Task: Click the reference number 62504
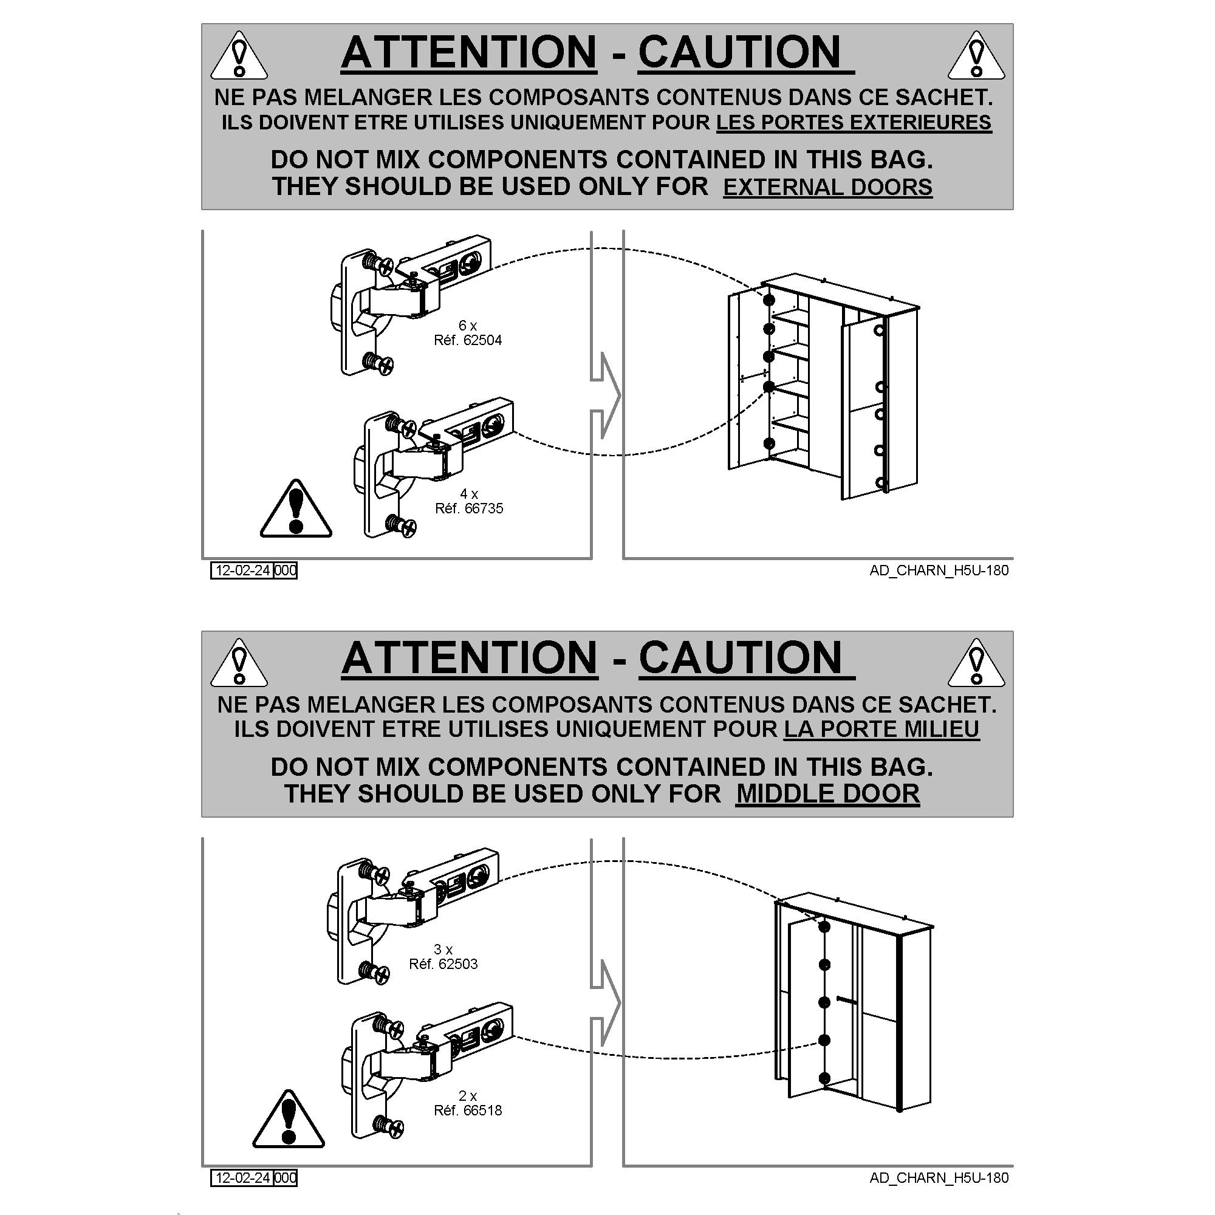click(x=481, y=341)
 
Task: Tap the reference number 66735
click(x=482, y=508)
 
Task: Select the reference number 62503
click(x=457, y=964)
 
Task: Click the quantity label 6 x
click(x=467, y=326)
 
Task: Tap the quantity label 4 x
click(x=468, y=494)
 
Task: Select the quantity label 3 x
click(x=443, y=950)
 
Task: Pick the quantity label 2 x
click(x=468, y=1096)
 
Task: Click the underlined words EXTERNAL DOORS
click(x=827, y=187)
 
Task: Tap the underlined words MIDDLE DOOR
click(x=827, y=793)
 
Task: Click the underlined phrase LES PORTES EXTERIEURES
click(x=854, y=123)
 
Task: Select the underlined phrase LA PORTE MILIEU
click(x=881, y=730)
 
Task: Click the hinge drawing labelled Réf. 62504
click(x=409, y=305)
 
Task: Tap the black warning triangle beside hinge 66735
click(x=296, y=510)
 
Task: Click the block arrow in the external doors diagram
click(x=605, y=395)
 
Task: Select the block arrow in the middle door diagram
click(x=605, y=1002)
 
